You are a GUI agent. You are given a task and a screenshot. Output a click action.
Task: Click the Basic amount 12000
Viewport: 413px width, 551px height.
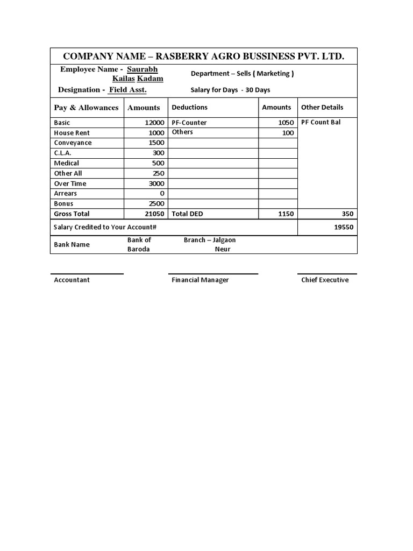click(x=154, y=123)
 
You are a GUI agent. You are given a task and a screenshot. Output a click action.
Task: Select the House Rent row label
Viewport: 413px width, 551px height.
click(x=72, y=133)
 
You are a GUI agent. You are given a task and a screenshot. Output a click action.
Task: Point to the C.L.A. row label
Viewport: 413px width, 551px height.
click(x=63, y=153)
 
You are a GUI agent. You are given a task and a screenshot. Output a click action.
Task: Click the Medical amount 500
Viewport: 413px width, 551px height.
click(x=158, y=163)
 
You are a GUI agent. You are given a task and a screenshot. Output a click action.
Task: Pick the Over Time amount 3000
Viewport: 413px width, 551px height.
click(x=156, y=183)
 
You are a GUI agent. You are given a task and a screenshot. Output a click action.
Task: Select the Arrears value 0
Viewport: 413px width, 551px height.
click(x=162, y=193)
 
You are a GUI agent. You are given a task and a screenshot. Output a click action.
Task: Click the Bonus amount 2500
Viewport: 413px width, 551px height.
click(x=156, y=203)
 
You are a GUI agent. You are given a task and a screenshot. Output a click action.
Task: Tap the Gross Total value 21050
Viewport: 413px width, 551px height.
click(x=154, y=214)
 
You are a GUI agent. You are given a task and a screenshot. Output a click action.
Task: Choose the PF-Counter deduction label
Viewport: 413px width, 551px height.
click(x=189, y=123)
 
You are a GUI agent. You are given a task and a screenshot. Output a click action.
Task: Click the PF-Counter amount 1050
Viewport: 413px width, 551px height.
click(x=286, y=123)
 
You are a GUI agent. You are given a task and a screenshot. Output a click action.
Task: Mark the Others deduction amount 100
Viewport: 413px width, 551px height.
click(x=288, y=133)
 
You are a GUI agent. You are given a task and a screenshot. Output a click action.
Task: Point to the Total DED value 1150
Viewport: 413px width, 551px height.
click(x=286, y=214)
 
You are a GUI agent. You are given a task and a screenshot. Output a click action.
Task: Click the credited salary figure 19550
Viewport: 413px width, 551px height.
click(x=344, y=227)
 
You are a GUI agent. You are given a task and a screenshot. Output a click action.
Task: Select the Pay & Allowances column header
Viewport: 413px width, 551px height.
click(x=86, y=108)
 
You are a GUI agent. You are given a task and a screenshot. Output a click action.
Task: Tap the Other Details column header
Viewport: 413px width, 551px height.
click(x=322, y=107)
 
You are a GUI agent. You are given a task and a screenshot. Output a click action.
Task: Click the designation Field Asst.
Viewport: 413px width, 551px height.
click(x=127, y=90)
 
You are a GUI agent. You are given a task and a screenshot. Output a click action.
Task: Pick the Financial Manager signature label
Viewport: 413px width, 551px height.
click(x=200, y=280)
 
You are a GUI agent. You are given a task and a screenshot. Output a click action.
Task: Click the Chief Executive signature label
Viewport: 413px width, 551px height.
click(x=325, y=280)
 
